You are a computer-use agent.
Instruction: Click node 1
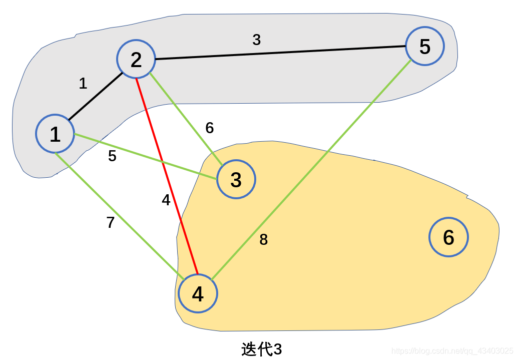55,134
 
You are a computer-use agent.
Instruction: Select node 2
136,60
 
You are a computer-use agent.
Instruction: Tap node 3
236,179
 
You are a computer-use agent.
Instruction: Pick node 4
198,294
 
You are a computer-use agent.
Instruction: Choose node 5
425,46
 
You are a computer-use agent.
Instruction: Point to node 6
448,237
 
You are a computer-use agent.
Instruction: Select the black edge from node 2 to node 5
280,53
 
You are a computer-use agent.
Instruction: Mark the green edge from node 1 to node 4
118,213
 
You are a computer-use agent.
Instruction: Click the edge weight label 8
264,240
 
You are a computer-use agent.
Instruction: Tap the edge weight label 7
111,222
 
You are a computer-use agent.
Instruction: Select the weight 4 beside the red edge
166,200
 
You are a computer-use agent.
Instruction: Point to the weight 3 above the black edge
256,40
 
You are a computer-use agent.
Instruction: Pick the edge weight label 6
210,128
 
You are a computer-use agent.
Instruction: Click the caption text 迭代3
261,349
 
